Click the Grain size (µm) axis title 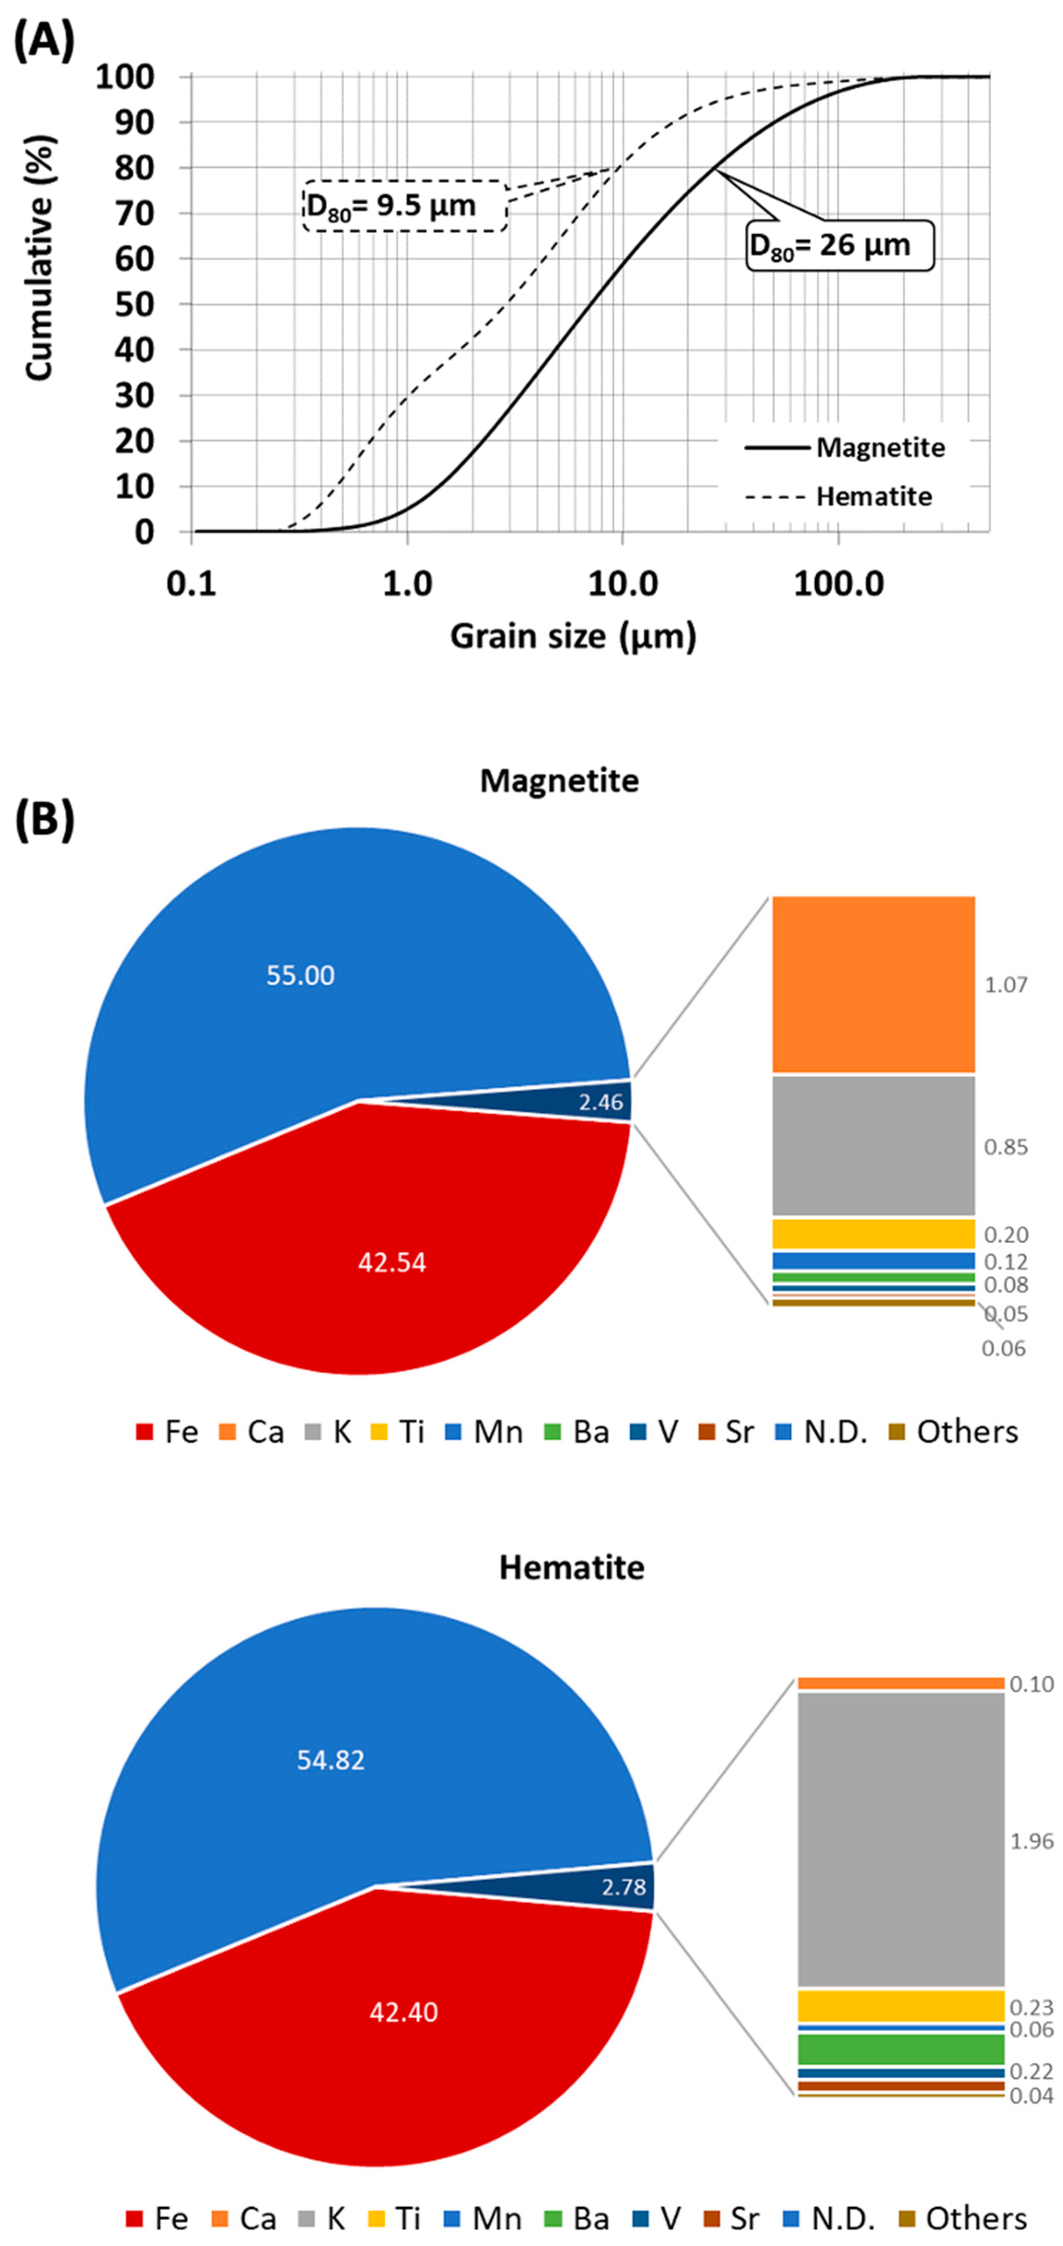[573, 637]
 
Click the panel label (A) [44, 41]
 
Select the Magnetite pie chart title [559, 780]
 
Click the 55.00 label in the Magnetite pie [300, 975]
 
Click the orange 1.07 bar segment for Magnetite [873, 984]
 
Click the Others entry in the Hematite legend [963, 2218]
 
